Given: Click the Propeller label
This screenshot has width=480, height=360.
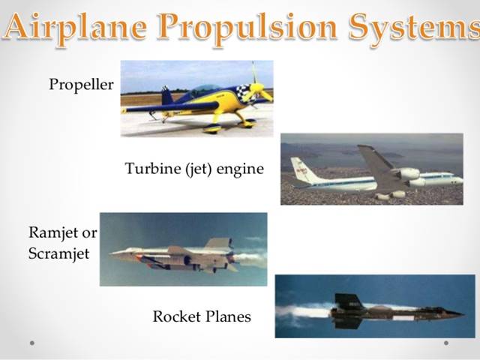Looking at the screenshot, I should tap(81, 84).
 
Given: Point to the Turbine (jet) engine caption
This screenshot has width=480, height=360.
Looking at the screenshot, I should tap(194, 169).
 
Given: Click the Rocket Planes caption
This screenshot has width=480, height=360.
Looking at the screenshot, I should tap(202, 316).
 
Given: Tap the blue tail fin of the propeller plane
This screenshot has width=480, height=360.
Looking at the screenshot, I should tap(166, 95).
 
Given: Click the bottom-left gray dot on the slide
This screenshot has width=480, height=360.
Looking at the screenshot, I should tap(32, 343).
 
